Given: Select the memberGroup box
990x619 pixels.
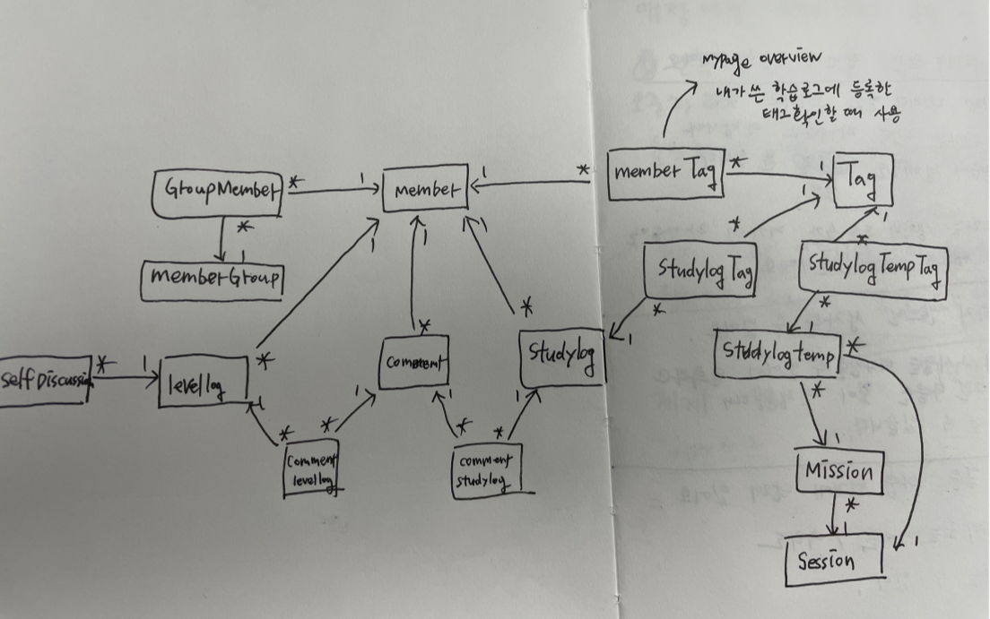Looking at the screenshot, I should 213,279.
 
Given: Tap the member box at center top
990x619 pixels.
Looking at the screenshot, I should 425,188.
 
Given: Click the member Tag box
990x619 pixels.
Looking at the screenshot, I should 664,174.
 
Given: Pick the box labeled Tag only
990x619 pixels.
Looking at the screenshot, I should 864,181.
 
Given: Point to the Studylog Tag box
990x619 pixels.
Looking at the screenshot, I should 699,270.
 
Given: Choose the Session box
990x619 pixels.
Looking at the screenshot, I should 833,561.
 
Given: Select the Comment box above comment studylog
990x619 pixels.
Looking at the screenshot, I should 413,364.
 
